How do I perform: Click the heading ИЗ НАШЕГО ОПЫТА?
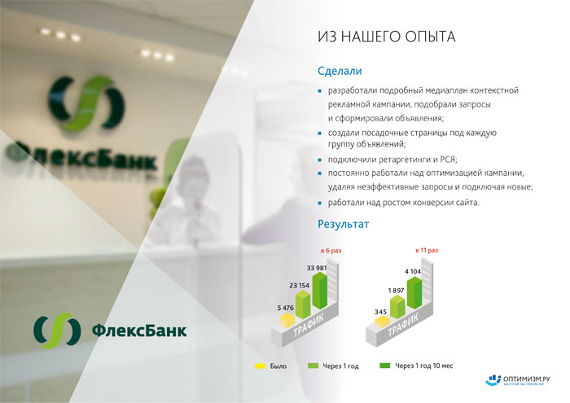tap(387, 37)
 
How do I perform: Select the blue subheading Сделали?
tap(340, 71)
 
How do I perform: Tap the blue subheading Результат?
tap(343, 224)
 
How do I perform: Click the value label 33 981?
tap(317, 268)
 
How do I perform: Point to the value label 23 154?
tap(299, 286)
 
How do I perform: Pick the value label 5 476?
tap(285, 309)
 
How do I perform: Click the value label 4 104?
tap(413, 271)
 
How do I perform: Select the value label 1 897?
tap(397, 291)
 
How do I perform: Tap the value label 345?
tap(380, 312)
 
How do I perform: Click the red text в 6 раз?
tap(331, 251)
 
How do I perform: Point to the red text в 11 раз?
tap(427, 251)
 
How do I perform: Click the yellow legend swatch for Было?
tap(261, 366)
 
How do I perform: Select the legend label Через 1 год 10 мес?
tap(424, 366)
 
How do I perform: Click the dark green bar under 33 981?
tap(320, 291)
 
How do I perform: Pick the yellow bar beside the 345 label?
tap(382, 322)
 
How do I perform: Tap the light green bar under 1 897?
tap(397, 307)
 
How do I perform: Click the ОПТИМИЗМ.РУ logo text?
tap(526, 379)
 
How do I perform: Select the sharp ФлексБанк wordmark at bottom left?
tap(139, 331)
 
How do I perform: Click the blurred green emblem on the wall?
tap(86, 103)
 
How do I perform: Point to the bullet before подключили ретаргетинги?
tap(320, 160)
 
